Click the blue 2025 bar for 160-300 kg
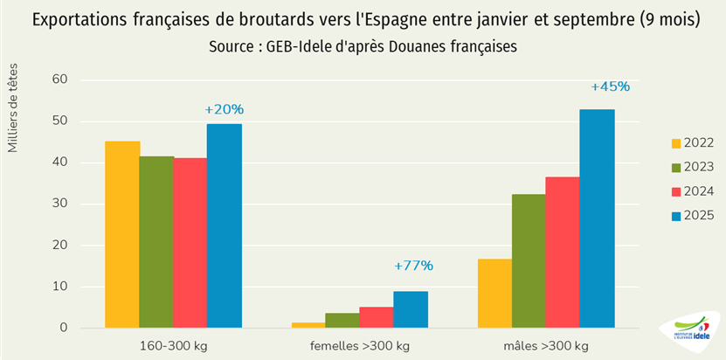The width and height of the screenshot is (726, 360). (225, 226)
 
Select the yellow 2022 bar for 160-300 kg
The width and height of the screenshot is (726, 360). (122, 234)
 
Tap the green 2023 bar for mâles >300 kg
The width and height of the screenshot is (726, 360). (529, 261)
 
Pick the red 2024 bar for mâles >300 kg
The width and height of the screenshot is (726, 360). (564, 253)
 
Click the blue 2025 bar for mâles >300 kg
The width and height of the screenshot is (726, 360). (598, 218)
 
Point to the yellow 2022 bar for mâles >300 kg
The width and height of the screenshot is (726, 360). (495, 294)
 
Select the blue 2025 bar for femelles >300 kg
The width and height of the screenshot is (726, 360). (411, 310)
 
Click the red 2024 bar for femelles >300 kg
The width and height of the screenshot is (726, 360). (377, 318)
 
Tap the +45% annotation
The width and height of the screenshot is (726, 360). (610, 87)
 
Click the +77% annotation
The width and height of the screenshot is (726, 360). (413, 266)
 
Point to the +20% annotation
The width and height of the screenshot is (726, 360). (225, 109)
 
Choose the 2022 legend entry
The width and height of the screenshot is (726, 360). (692, 143)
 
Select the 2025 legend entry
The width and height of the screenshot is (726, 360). (692, 215)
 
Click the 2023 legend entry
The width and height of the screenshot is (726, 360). (692, 167)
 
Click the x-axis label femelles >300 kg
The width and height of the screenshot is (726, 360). (360, 346)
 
